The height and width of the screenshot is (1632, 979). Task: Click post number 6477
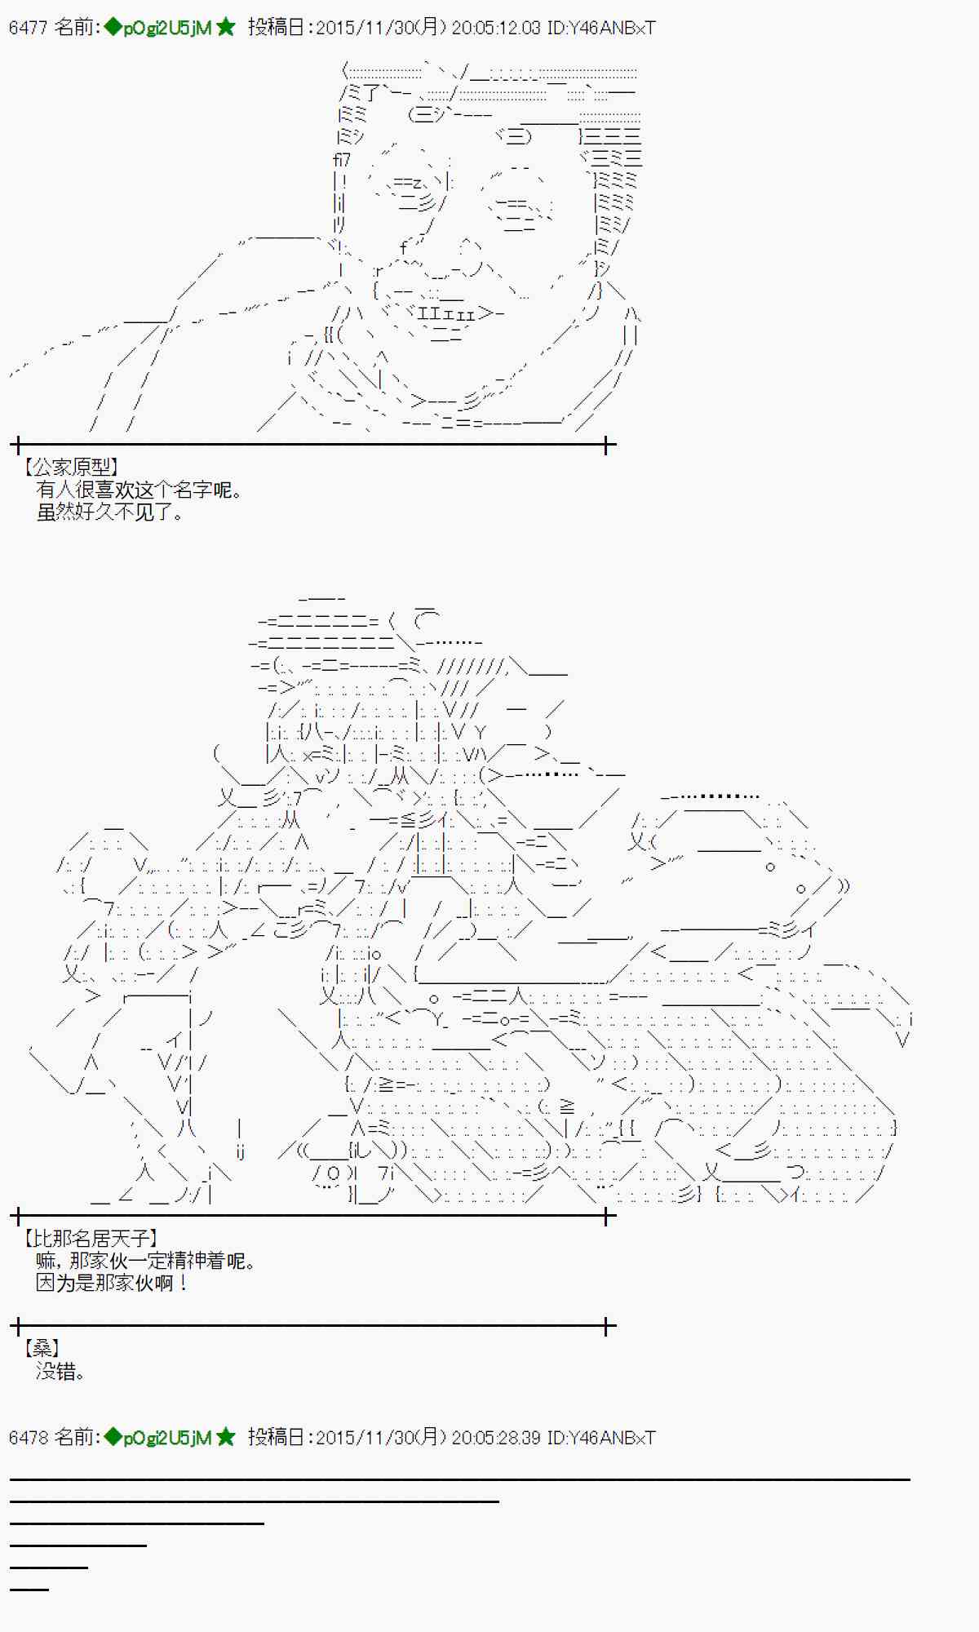(x=28, y=28)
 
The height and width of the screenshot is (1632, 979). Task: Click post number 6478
(x=28, y=1438)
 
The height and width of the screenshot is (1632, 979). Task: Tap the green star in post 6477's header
(x=226, y=27)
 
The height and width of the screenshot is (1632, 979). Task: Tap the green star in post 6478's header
(x=226, y=1437)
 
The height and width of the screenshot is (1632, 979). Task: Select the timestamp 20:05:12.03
(x=495, y=28)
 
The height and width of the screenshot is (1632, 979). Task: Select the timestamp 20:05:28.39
(x=495, y=1438)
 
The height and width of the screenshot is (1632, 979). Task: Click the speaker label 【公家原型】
(x=71, y=468)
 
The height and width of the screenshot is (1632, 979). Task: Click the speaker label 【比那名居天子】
(x=91, y=1239)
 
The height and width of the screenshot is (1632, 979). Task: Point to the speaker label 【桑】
(x=42, y=1349)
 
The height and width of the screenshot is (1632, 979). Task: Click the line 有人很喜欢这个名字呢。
(x=139, y=490)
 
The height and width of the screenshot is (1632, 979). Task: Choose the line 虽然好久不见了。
(x=110, y=512)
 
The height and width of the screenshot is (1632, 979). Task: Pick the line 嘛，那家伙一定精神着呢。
(x=146, y=1262)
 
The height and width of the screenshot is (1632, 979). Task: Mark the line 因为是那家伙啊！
(x=112, y=1284)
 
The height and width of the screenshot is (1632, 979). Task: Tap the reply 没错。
(x=60, y=1372)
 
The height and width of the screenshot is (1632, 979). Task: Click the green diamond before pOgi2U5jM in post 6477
(x=113, y=27)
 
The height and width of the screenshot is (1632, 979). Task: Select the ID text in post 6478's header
(x=601, y=1438)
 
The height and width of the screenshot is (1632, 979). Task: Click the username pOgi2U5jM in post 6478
(x=167, y=1438)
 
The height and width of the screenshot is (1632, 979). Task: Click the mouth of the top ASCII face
(x=449, y=313)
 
